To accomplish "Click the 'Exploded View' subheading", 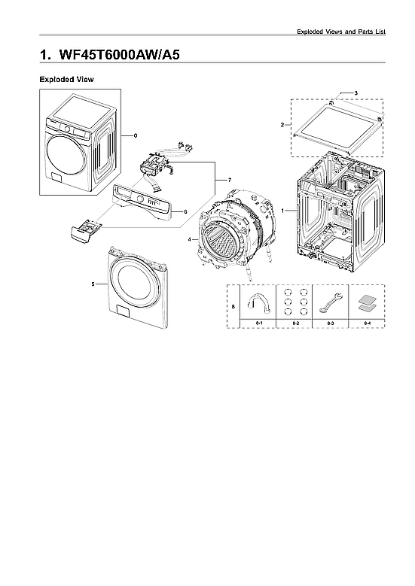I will [x=66, y=79].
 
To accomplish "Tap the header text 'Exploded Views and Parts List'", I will [x=346, y=32].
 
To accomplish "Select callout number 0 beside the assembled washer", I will [x=136, y=136].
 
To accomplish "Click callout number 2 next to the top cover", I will [x=282, y=125].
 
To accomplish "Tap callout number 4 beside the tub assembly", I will [x=190, y=239].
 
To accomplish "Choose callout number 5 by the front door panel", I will [x=93, y=284].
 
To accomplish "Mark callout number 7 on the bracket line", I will [x=218, y=181].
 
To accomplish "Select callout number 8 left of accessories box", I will [x=233, y=307].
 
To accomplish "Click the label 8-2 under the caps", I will [x=294, y=323].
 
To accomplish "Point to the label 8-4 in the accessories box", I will [x=366, y=323].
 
